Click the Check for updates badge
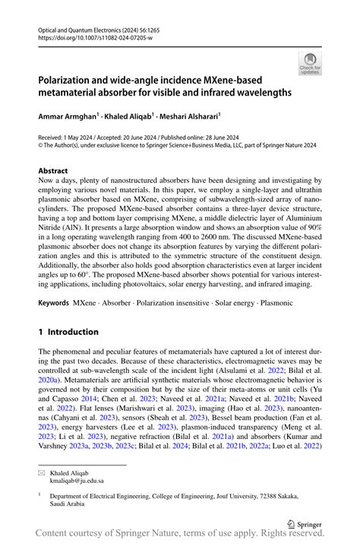tap(309, 63)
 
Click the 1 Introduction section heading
tap(68, 332)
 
